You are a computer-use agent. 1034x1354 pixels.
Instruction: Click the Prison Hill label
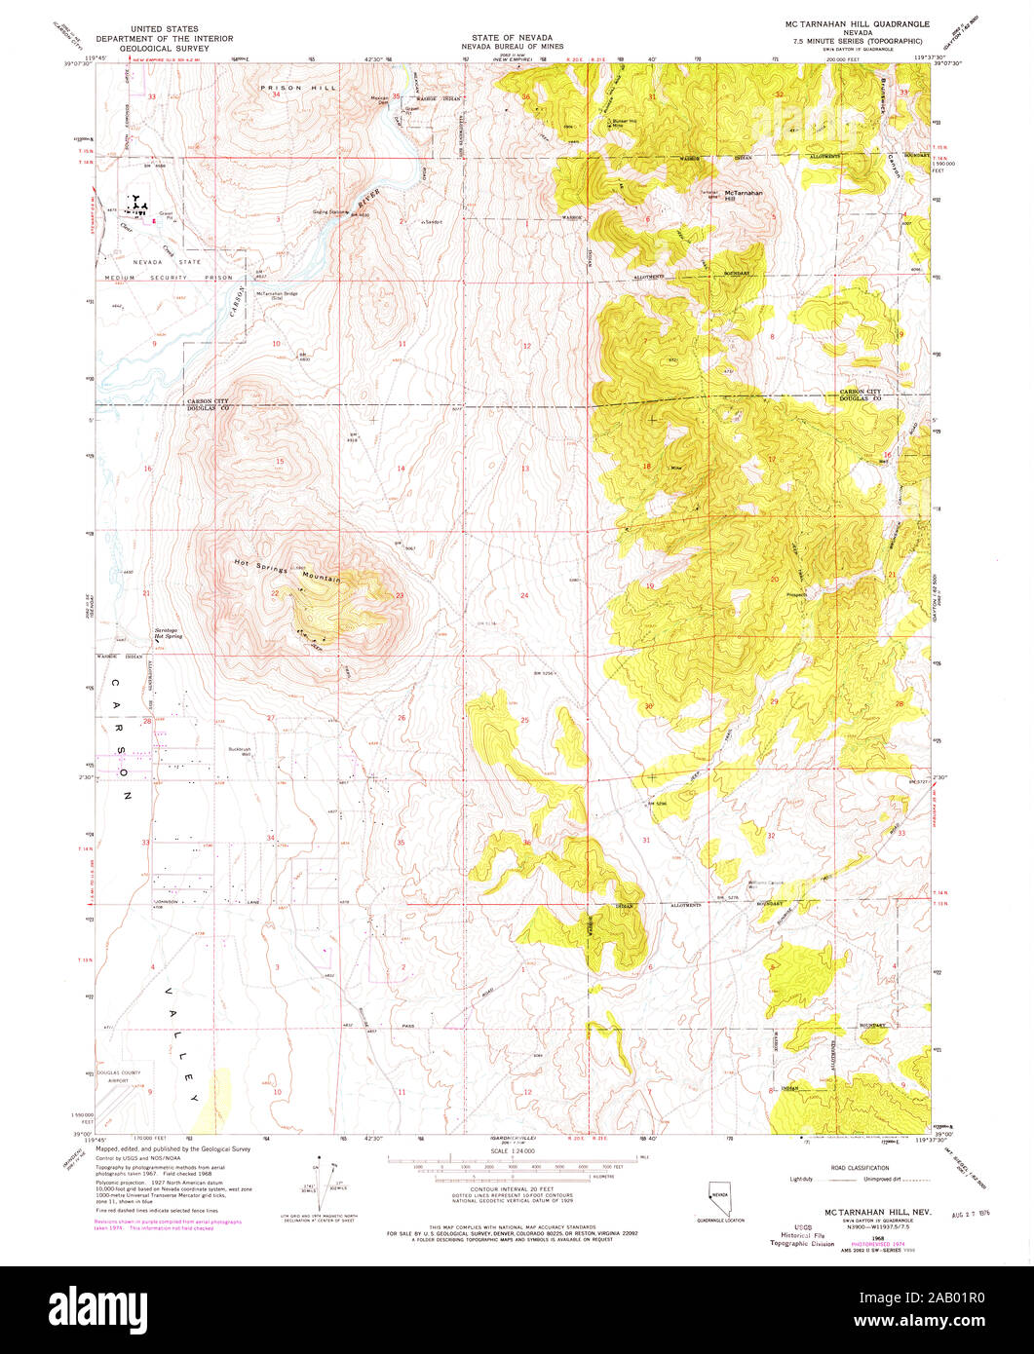[297, 88]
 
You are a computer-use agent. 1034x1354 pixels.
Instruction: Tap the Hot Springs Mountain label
[288, 571]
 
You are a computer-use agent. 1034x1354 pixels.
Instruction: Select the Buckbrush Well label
[240, 751]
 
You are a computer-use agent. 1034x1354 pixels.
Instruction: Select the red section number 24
[523, 595]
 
